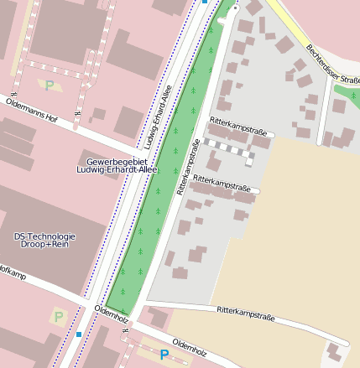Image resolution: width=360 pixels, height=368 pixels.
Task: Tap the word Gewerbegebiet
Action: click(117, 161)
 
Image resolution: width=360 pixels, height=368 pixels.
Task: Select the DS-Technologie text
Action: click(45, 236)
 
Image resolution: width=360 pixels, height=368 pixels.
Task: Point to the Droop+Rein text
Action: click(45, 246)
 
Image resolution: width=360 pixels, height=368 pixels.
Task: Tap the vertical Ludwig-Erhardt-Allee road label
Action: click(158, 114)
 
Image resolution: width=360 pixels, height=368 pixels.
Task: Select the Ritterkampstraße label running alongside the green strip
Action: click(189, 168)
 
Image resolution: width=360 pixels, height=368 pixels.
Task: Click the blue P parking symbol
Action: click(164, 355)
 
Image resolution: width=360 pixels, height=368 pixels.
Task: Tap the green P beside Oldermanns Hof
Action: click(49, 85)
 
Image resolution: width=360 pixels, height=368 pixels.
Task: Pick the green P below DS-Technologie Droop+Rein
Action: click(58, 316)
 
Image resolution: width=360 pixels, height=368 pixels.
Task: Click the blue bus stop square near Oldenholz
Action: click(79, 334)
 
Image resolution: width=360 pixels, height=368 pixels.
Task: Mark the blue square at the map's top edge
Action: click(206, 3)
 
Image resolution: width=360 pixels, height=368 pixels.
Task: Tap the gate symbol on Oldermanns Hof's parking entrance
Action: click(77, 111)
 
